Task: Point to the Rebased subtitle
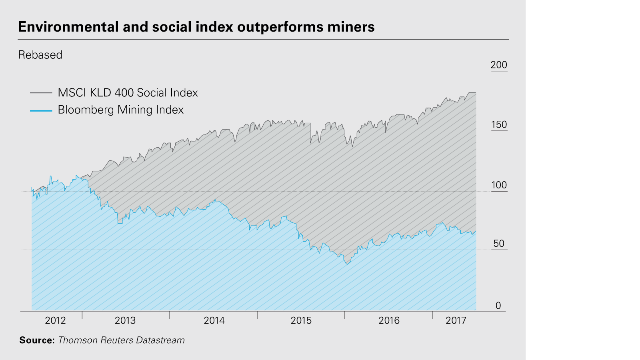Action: (40, 55)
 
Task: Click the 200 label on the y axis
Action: (499, 65)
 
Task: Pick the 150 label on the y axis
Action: (499, 125)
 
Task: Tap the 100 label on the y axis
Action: (499, 185)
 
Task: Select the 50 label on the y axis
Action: (499, 244)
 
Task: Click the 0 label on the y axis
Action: (498, 306)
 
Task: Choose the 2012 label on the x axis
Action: (55, 320)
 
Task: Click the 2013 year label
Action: (125, 320)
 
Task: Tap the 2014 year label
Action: (214, 320)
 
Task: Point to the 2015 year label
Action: (301, 320)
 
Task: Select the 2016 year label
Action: (389, 320)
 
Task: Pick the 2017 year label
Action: (456, 320)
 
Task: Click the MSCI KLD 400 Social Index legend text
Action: (128, 93)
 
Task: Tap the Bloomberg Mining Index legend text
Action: (120, 110)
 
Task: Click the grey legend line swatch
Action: (41, 93)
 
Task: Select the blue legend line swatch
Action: (41, 110)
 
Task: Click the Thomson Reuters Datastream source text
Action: (121, 340)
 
